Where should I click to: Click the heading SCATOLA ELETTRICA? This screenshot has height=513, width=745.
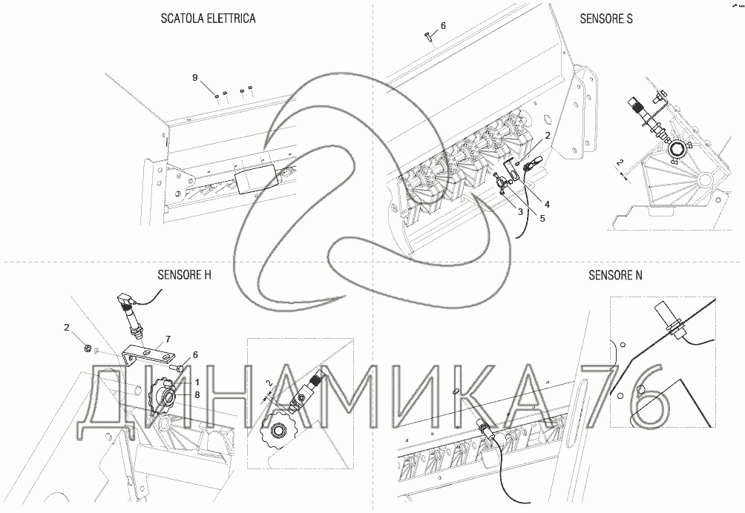coord(208,19)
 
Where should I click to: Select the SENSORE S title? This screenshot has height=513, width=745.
coord(605,19)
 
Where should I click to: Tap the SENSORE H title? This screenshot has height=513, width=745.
coord(184,275)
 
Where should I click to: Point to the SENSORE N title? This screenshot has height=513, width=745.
coord(615,275)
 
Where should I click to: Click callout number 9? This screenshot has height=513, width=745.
coord(195,77)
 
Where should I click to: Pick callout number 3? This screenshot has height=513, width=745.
coord(520,212)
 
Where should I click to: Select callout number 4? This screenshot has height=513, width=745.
coord(547,204)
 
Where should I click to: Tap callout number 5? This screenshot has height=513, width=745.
coord(542,218)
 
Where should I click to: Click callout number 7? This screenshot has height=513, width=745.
coord(168,340)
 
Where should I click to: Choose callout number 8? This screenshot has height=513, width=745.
coord(197,394)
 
